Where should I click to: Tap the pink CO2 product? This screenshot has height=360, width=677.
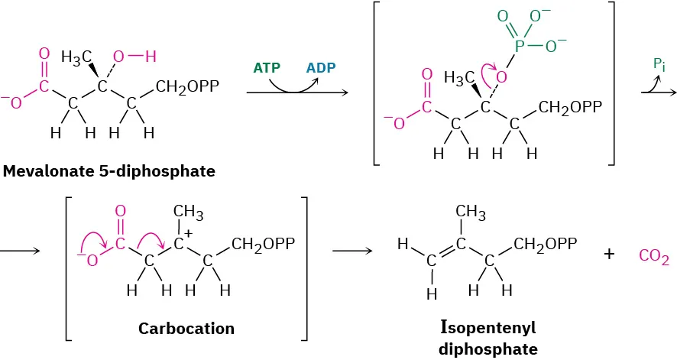654,260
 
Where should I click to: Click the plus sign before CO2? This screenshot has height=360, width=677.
609,255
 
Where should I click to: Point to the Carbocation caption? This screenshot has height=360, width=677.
186,329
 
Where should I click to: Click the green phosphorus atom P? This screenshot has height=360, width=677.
520,46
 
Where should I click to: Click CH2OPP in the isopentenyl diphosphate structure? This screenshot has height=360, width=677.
545,245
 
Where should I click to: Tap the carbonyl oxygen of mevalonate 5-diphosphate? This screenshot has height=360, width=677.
44,54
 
